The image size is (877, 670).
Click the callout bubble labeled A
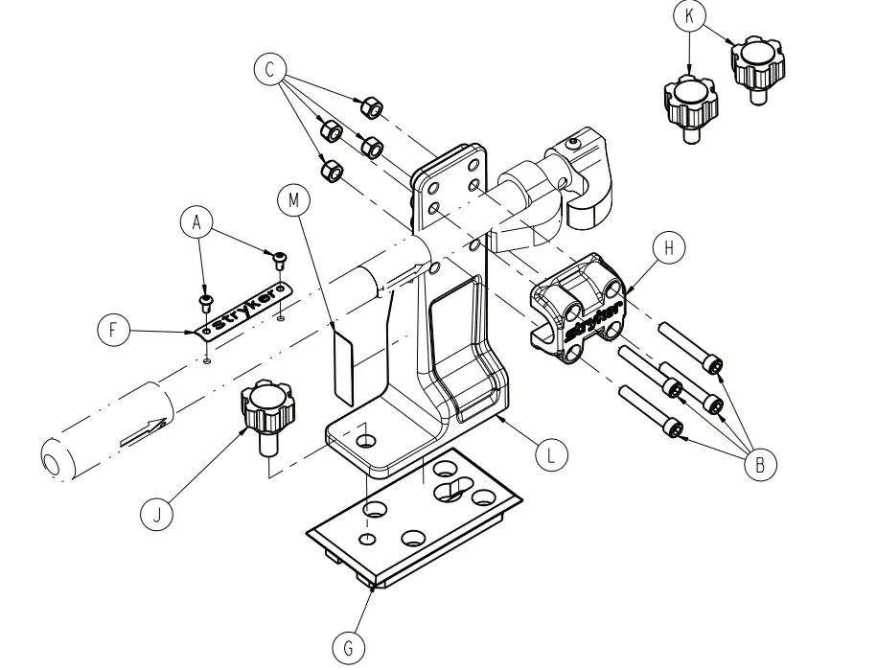pos(196,222)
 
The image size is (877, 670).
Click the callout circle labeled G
pos(348,649)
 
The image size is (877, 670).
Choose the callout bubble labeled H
pos(669,247)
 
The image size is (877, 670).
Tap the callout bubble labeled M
pos(293,200)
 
